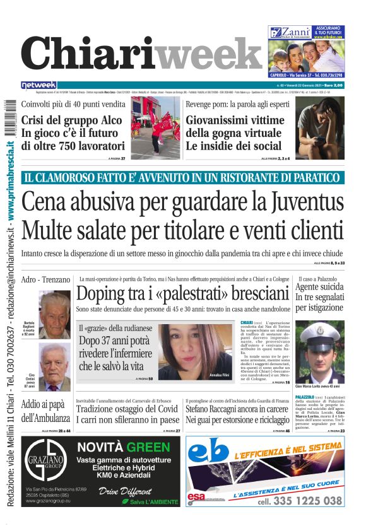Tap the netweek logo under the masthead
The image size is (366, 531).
38,85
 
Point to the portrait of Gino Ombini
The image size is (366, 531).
54,368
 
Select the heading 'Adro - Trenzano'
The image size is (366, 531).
45,279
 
